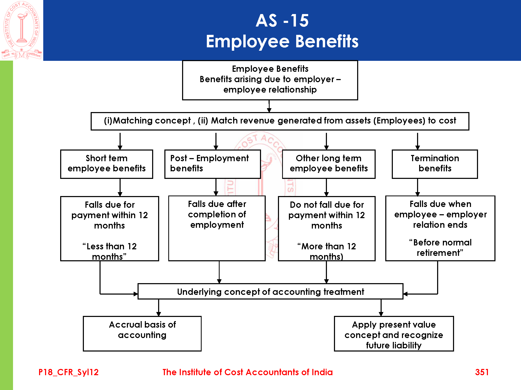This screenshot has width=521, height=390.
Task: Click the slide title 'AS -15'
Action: [282, 21]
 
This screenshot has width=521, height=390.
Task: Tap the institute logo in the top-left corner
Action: [22, 30]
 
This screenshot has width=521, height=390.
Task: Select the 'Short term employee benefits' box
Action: [107, 164]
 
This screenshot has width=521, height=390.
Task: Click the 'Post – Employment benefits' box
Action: [212, 164]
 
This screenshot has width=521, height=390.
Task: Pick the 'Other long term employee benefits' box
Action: [328, 164]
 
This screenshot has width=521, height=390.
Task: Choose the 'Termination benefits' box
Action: [435, 164]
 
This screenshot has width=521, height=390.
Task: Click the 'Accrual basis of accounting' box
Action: [142, 333]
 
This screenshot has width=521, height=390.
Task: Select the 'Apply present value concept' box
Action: [394, 334]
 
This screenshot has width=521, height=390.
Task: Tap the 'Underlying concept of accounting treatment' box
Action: [270, 291]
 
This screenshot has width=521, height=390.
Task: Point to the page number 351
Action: [482, 372]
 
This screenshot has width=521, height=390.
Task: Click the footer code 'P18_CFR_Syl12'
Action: [69, 372]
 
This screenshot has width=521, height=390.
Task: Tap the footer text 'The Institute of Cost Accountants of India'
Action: [247, 372]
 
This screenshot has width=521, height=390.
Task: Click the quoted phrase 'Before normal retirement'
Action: [440, 248]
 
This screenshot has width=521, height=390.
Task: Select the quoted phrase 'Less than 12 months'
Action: [109, 251]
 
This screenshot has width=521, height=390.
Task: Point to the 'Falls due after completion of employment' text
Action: [217, 214]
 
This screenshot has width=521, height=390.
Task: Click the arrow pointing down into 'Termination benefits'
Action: [418, 142]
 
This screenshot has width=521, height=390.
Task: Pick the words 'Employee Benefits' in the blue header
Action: [282, 41]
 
